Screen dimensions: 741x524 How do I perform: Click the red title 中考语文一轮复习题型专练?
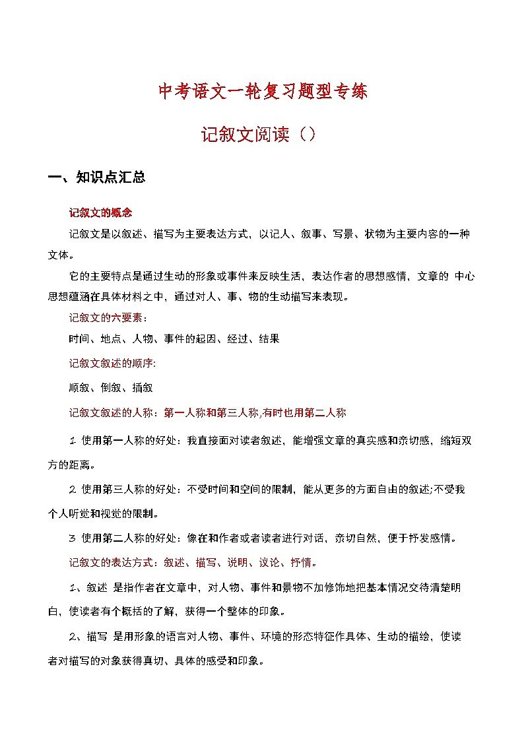pyautogui.click(x=262, y=91)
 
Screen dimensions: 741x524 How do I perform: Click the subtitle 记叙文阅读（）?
pyautogui.click(x=262, y=135)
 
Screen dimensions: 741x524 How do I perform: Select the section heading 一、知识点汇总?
pyautogui.click(x=97, y=177)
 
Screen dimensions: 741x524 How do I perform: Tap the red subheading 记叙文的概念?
pyautogui.click(x=101, y=213)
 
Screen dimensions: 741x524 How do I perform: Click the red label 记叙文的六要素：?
pyautogui.click(x=108, y=318)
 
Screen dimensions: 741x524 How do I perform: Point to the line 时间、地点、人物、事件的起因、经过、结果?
pyautogui.click(x=174, y=339)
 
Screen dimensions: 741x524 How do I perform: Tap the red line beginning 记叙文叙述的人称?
pyautogui.click(x=207, y=413)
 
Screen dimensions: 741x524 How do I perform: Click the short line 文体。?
pyautogui.click(x=61, y=255)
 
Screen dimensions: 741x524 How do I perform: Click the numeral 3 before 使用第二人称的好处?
pyautogui.click(x=72, y=538)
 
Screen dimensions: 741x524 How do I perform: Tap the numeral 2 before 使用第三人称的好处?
pyautogui.click(x=72, y=490)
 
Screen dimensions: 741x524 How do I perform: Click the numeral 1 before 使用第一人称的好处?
pyautogui.click(x=72, y=441)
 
